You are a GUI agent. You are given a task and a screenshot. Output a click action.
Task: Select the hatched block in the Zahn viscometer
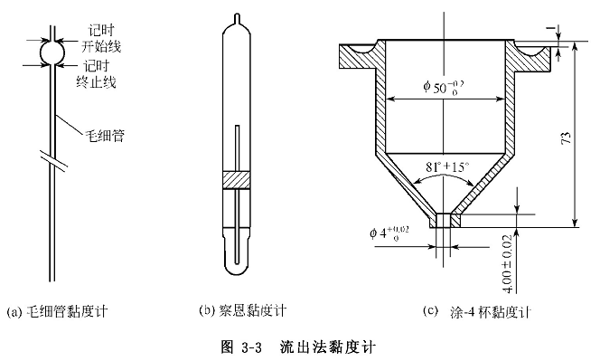[x=236, y=180]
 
